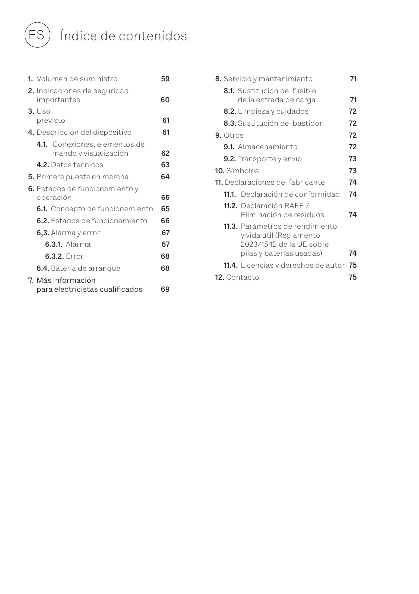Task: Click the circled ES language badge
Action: (x=37, y=35)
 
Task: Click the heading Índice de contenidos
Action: (x=123, y=36)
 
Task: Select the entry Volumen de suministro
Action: (x=77, y=79)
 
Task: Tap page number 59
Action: (x=165, y=79)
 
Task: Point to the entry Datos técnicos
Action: (x=77, y=165)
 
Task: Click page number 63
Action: (x=165, y=165)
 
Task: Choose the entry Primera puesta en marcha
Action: (x=82, y=177)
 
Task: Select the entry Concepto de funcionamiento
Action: (x=102, y=209)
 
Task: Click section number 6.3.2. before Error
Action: (x=54, y=256)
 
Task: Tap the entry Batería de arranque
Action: (x=85, y=268)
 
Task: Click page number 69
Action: (x=165, y=289)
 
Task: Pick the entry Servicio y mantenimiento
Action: (x=268, y=79)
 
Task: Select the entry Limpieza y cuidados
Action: (x=273, y=111)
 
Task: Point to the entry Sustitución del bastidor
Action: (x=280, y=123)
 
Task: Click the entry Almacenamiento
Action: (x=267, y=147)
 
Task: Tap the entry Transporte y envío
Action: (x=270, y=159)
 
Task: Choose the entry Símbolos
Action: (x=242, y=171)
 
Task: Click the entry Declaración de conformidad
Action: (x=290, y=194)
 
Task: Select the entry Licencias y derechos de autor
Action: (x=292, y=265)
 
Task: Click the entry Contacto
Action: (x=242, y=277)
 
